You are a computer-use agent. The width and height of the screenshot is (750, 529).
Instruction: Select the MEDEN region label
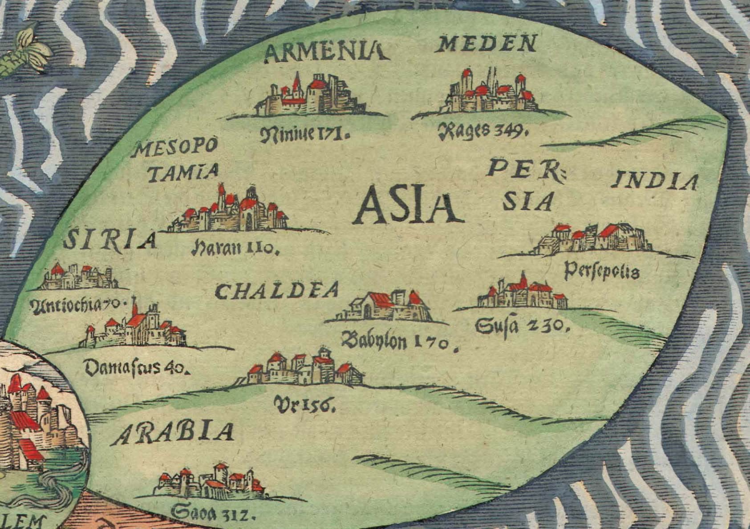tap(488, 45)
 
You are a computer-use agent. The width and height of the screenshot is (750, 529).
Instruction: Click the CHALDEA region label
tap(276, 292)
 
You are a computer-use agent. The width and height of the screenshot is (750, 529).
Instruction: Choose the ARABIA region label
tap(173, 433)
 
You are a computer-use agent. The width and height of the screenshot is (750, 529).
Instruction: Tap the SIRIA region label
tap(110, 241)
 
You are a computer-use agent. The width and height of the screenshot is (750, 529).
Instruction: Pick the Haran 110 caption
tap(235, 248)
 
